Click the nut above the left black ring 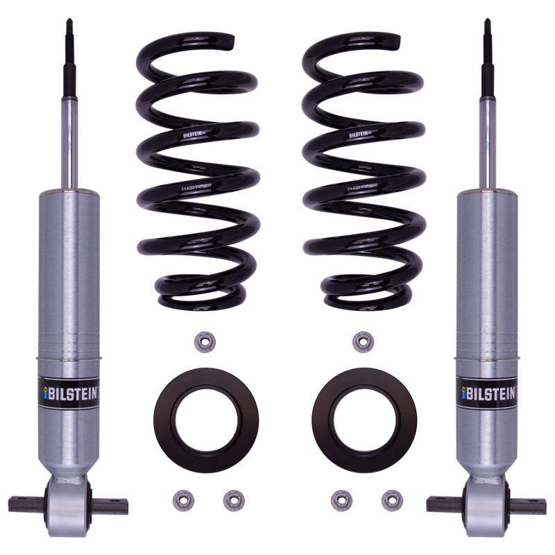(x=203, y=341)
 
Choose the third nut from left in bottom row (x=340, y=499)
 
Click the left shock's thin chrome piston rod (x=70, y=139)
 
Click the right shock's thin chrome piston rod (x=488, y=139)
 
